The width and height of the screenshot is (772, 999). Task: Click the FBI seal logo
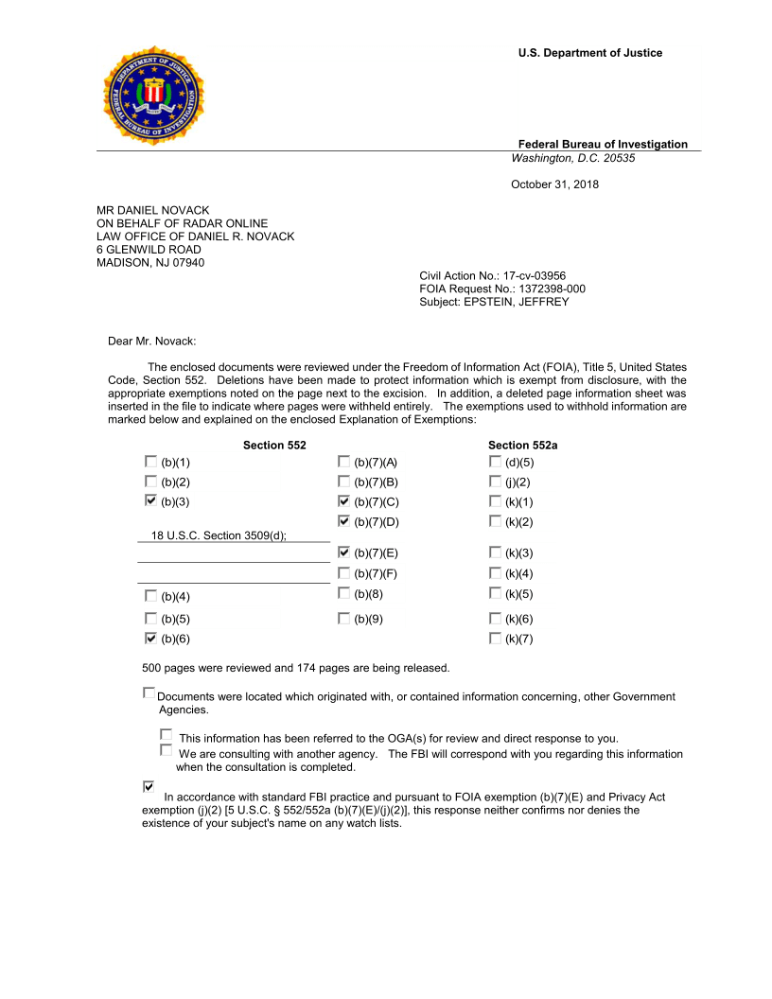point(153,96)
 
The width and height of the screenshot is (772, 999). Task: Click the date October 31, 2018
point(554,184)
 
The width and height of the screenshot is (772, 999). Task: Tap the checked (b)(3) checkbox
point(151,501)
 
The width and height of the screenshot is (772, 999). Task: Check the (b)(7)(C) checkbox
point(343,501)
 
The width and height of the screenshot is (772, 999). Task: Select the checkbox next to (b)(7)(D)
point(343,521)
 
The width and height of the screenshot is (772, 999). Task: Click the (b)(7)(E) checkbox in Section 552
point(343,552)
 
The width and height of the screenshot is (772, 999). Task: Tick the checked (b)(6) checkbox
point(151,639)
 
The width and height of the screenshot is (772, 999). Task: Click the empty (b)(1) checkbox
point(151,462)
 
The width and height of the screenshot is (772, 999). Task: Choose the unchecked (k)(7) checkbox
point(495,639)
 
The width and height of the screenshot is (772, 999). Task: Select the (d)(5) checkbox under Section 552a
point(495,462)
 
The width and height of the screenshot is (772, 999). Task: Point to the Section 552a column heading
point(522,445)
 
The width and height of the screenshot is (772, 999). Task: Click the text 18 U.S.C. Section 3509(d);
point(219,535)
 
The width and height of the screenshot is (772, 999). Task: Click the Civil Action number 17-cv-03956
point(532,275)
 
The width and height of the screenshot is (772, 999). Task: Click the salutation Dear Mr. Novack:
point(151,341)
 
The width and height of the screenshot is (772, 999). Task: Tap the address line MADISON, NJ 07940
point(150,263)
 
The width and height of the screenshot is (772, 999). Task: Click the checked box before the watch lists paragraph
point(149,786)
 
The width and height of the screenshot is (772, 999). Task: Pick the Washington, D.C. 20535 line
point(573,158)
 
